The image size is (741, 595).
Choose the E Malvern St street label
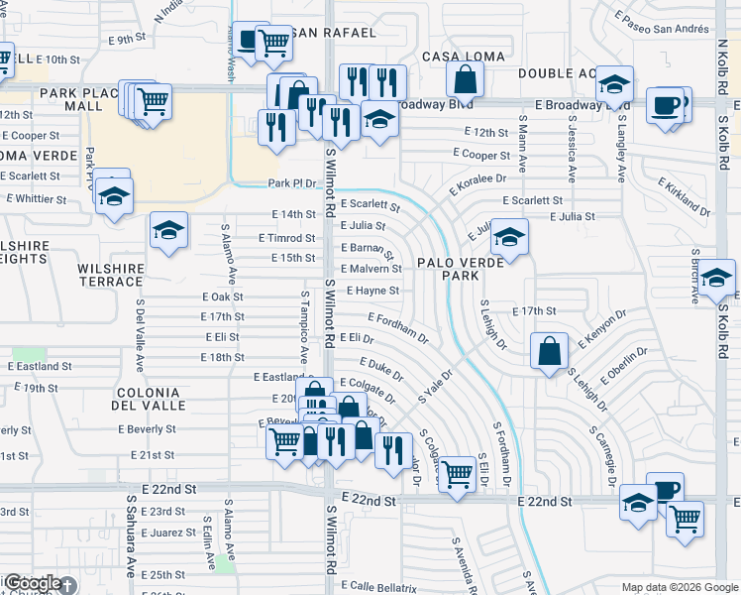371,269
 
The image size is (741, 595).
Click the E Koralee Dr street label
477,185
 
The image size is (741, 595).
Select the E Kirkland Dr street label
684,196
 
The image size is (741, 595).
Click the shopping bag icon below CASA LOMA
465,79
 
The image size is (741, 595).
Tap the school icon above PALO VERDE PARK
509,238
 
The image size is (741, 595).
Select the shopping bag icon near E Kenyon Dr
549,351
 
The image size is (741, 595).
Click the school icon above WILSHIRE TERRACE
169,231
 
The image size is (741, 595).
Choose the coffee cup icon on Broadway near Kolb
666,104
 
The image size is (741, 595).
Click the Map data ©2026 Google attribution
680,587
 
